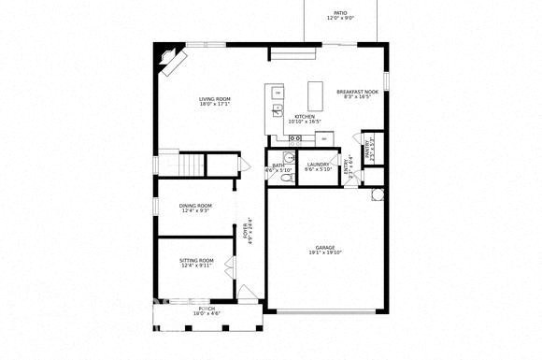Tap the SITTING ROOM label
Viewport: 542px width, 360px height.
tap(196, 262)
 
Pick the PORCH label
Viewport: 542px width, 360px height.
tap(207, 310)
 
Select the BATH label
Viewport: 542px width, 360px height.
tap(278, 166)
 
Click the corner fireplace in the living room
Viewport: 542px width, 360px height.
tap(172, 64)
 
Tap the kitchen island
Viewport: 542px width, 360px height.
tap(316, 94)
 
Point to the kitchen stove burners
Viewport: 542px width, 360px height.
tap(295, 138)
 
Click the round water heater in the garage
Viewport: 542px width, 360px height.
tap(378, 194)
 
